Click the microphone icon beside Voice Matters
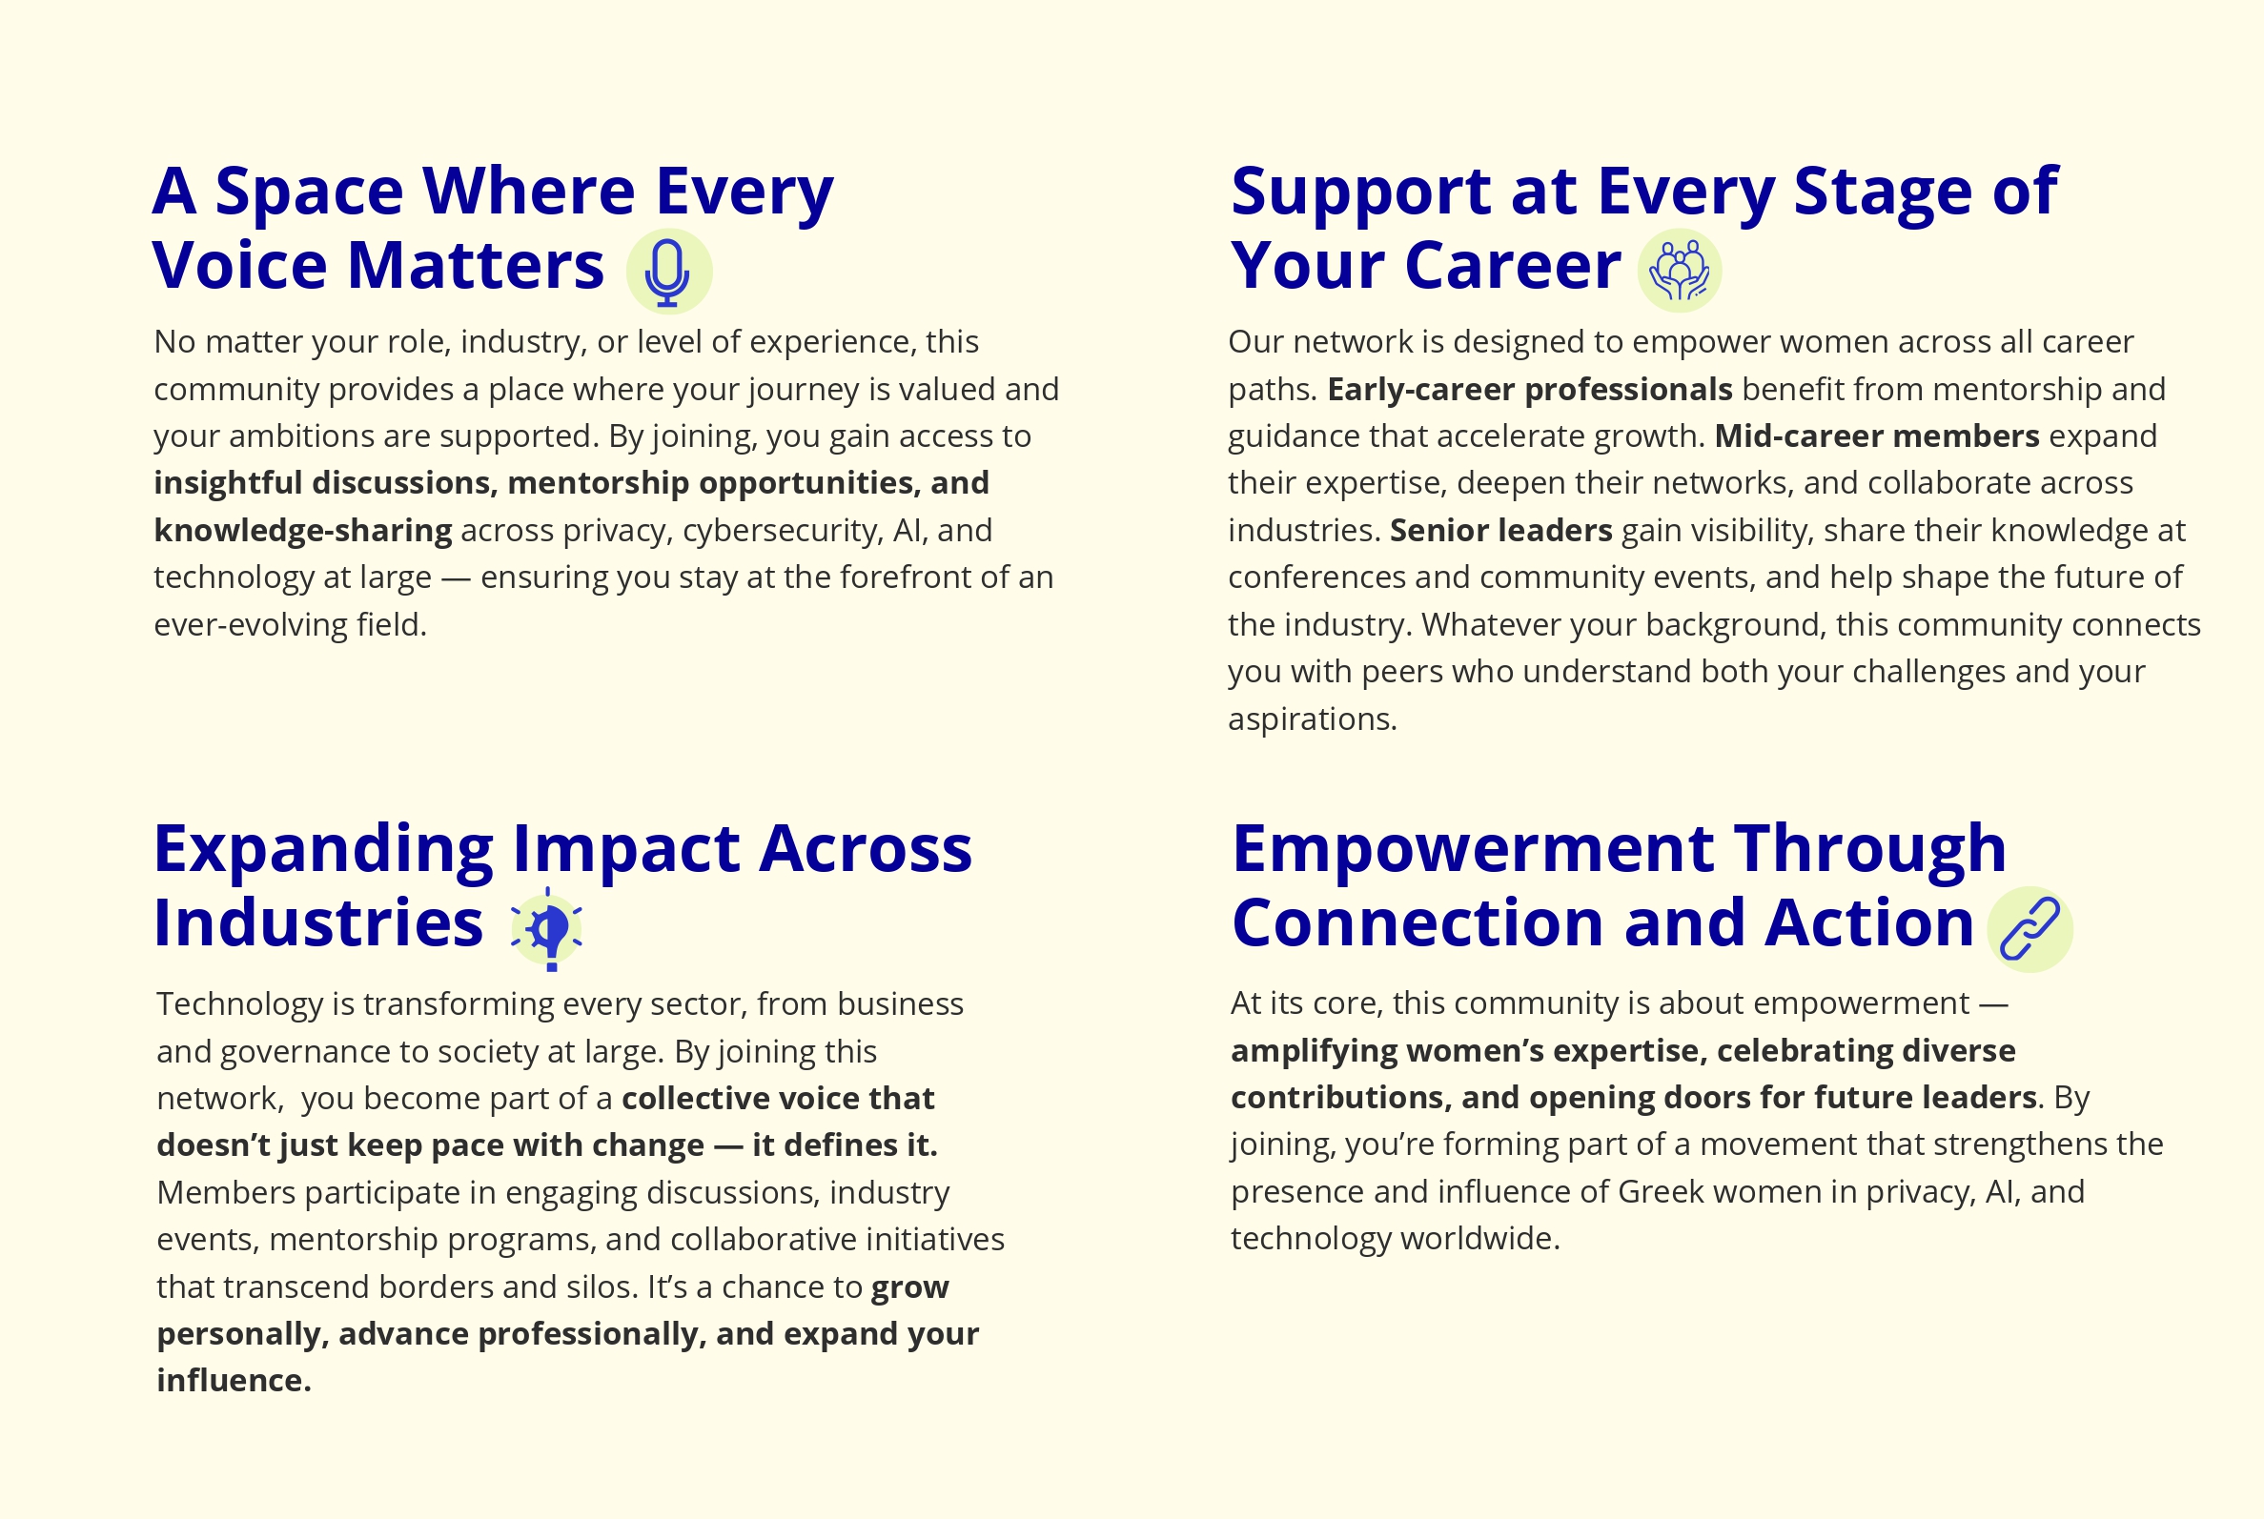(x=668, y=272)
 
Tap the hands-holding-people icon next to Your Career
(x=1679, y=271)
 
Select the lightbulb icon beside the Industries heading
(x=547, y=929)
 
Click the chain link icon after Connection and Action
(x=2029, y=929)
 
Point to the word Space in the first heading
(x=309, y=191)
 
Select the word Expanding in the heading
(x=323, y=850)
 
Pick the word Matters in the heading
(x=476, y=266)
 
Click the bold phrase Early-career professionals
(x=1530, y=390)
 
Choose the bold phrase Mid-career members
(x=1876, y=435)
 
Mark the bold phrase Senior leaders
(x=1500, y=530)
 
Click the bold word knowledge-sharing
(x=303, y=531)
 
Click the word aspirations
(x=1313, y=719)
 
